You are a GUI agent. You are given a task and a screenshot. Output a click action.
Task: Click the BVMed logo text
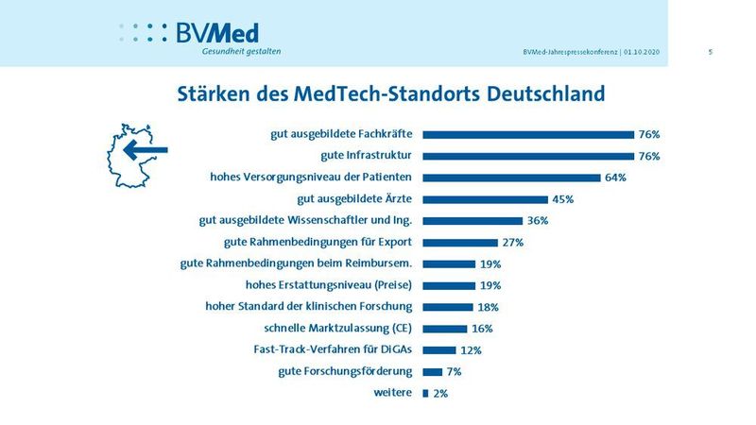tap(216, 32)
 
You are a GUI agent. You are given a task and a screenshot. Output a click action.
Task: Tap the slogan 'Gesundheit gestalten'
tap(241, 51)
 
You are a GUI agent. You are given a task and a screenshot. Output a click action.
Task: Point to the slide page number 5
tap(710, 52)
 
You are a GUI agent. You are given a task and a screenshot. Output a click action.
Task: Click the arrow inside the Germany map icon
tap(146, 149)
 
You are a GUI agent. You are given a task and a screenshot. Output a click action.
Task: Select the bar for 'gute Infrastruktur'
tap(527, 156)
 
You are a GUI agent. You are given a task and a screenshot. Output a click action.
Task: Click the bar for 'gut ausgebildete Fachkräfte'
tap(527, 134)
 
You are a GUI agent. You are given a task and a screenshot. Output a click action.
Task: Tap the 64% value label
tap(616, 178)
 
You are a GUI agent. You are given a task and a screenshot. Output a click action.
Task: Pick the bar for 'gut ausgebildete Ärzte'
tap(485, 199)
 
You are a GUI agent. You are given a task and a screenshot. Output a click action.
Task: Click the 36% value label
tap(538, 221)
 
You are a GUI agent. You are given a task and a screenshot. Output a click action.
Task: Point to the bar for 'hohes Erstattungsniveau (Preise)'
tap(448, 285)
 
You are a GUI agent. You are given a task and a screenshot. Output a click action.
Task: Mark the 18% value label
tap(487, 307)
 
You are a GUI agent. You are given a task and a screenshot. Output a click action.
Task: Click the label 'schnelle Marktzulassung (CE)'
tap(340, 328)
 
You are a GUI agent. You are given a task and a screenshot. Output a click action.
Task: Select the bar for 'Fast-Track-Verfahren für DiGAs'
tap(438, 350)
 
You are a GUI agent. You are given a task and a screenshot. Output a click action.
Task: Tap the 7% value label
tap(454, 372)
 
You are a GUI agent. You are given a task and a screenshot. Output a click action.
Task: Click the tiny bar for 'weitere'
tap(425, 393)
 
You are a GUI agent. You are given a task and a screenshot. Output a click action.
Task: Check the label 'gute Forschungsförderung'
tap(346, 371)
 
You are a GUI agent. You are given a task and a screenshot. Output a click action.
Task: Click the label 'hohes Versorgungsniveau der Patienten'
tap(311, 177)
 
